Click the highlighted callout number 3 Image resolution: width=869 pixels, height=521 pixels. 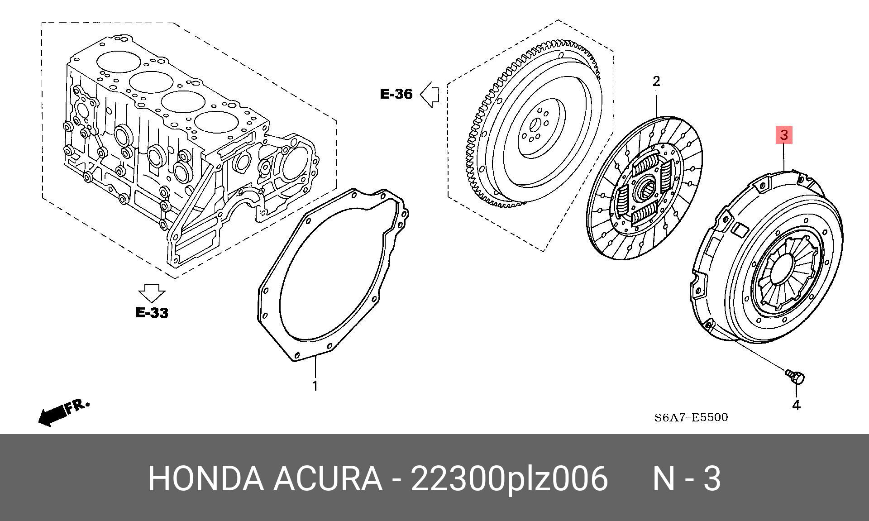pos(784,135)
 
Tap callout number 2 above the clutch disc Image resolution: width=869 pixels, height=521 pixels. pos(656,81)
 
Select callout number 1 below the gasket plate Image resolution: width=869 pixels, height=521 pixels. pos(315,386)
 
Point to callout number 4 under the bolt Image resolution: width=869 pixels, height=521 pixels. pos(796,405)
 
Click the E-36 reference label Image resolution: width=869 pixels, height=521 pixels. pos(396,94)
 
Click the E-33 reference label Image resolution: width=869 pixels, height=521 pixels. pos(152,312)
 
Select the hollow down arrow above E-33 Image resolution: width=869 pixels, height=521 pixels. pos(152,293)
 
